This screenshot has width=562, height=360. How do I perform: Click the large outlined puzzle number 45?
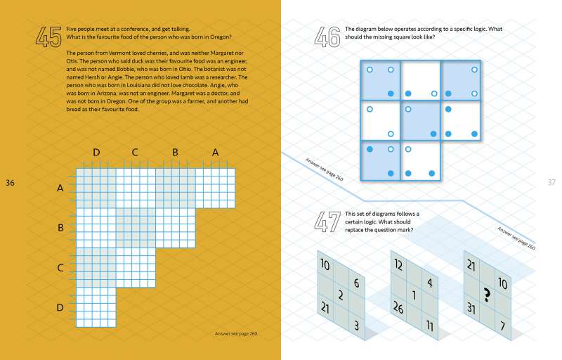[48, 36]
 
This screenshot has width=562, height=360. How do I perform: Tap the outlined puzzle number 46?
[327, 36]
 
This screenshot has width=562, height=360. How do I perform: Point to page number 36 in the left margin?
[10, 183]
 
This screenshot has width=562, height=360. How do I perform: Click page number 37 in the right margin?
[551, 183]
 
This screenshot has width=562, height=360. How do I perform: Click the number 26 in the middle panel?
[398, 307]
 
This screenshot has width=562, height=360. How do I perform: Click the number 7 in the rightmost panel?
[502, 326]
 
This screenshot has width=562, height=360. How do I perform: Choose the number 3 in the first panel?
[357, 326]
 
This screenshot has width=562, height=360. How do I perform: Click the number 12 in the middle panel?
[398, 265]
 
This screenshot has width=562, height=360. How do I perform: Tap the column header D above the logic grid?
[96, 153]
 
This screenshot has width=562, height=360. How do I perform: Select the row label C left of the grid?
[60, 267]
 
